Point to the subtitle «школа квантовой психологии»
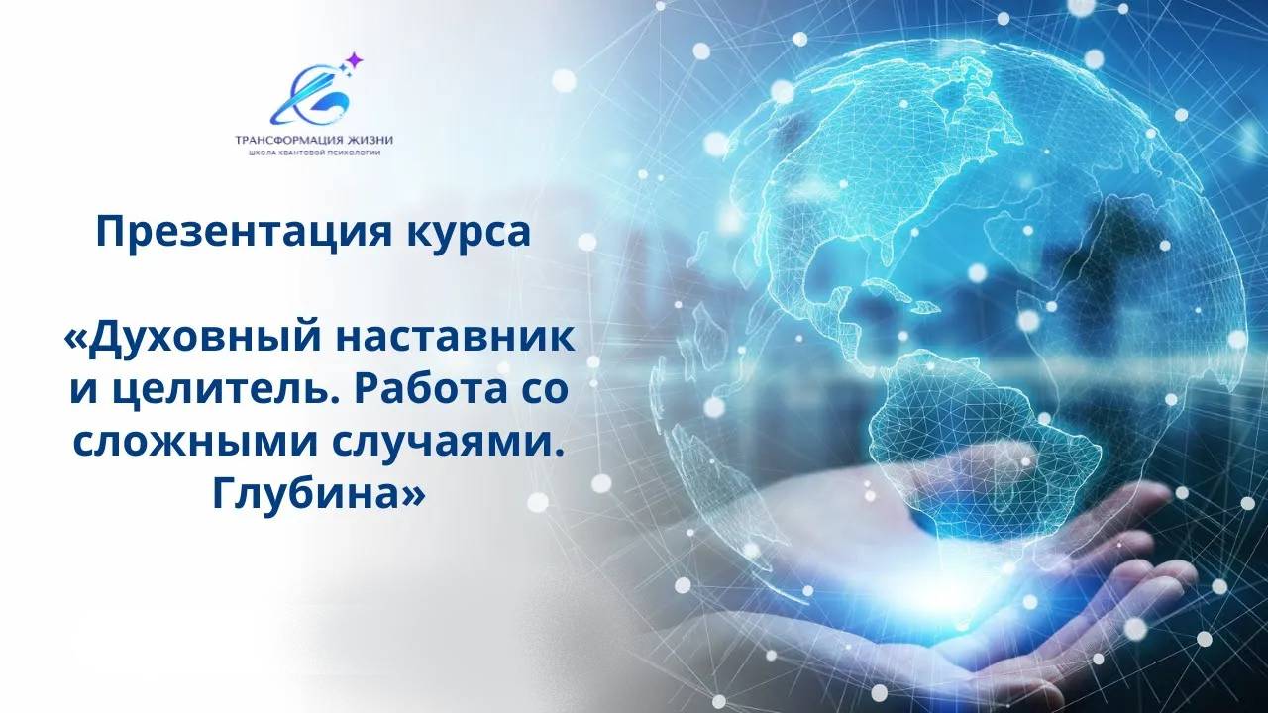(315, 153)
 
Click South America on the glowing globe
(981, 436)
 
